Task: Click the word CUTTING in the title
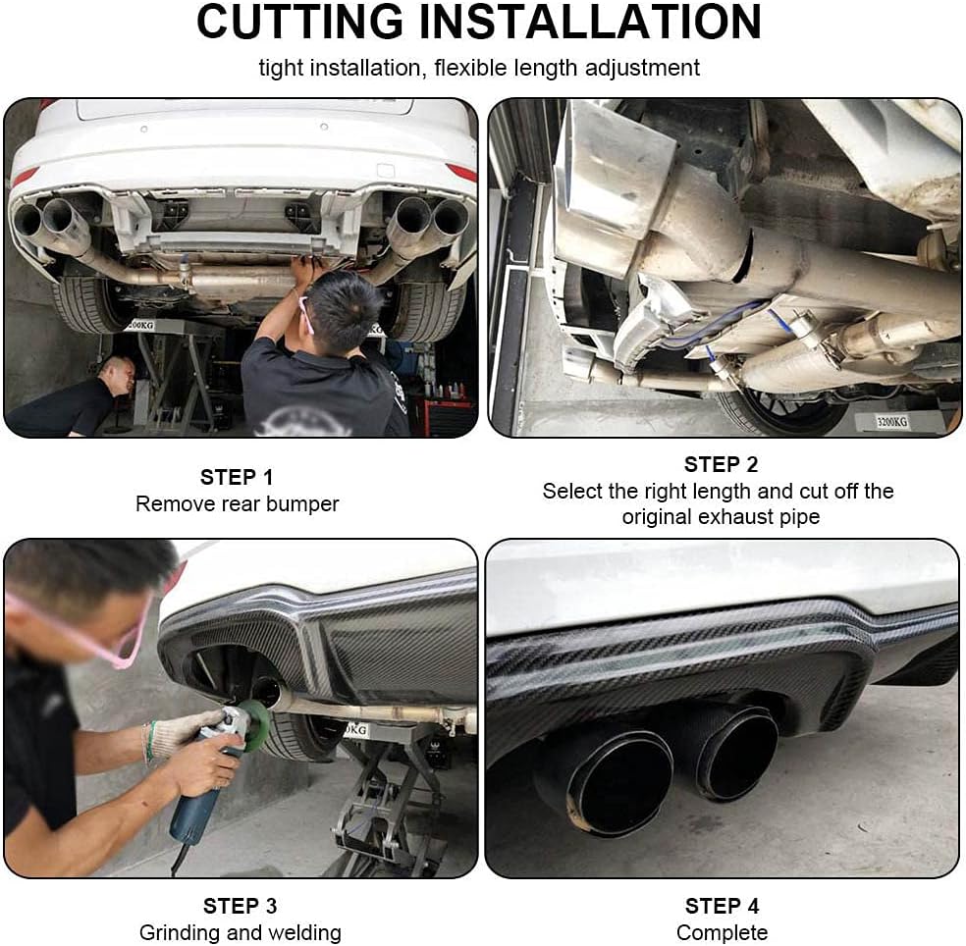(x=300, y=23)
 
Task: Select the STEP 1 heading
(x=237, y=477)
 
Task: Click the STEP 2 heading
(x=721, y=464)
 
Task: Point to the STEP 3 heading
(x=240, y=907)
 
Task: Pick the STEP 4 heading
(x=722, y=907)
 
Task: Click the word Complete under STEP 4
(x=722, y=933)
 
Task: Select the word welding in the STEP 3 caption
(x=306, y=933)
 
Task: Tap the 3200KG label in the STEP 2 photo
(x=892, y=422)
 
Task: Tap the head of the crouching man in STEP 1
(x=117, y=374)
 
